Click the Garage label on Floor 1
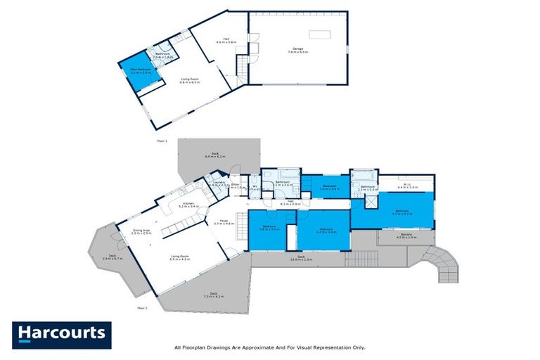(x=298, y=50)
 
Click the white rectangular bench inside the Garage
(x=319, y=34)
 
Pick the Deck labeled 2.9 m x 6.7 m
(x=108, y=257)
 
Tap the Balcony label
(x=406, y=236)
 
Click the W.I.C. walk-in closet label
(x=407, y=186)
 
